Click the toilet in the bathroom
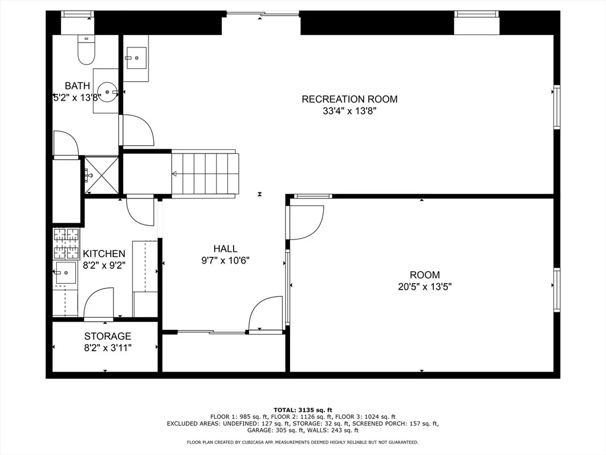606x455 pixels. pyautogui.click(x=86, y=50)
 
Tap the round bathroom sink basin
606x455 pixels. pyautogui.click(x=108, y=92)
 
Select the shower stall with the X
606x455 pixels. pyautogui.click(x=101, y=175)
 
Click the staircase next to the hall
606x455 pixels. pyautogui.click(x=205, y=174)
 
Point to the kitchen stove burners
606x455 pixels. pyautogui.click(x=66, y=243)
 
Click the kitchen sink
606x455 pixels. pyautogui.click(x=66, y=273)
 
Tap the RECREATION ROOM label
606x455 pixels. pyautogui.click(x=349, y=99)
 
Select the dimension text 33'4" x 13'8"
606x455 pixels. pyautogui.click(x=349, y=111)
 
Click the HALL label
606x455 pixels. pyautogui.click(x=225, y=248)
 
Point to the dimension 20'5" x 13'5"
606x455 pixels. pyautogui.click(x=425, y=287)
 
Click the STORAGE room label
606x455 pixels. pyautogui.click(x=108, y=336)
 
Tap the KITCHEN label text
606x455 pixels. pyautogui.click(x=104, y=254)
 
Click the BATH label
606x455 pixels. pyautogui.click(x=78, y=85)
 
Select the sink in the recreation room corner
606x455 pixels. pyautogui.click(x=137, y=58)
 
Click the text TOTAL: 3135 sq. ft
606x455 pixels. pyautogui.click(x=302, y=410)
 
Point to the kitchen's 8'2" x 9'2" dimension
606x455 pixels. pyautogui.click(x=104, y=265)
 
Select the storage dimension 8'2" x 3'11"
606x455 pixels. pyautogui.click(x=108, y=348)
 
